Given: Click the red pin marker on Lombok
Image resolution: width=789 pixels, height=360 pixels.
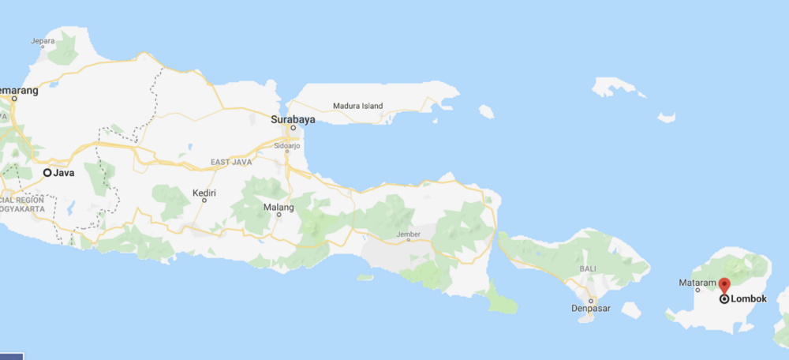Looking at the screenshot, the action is point(724,285).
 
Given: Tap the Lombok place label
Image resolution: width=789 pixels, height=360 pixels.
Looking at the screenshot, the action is point(749,299).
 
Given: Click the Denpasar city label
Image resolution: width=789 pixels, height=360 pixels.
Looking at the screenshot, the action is point(590,309).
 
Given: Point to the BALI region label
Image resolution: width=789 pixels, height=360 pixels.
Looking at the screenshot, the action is point(588,269).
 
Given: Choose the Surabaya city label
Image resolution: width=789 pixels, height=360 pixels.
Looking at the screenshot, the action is point(292,119).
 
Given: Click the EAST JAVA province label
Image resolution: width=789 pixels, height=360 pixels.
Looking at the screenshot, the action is point(230,163).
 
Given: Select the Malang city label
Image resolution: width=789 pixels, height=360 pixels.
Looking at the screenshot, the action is point(279,208).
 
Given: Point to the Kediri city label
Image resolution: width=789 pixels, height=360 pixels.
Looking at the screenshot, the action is point(204,192).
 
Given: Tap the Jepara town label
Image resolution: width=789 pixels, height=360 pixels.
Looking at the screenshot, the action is point(42,40).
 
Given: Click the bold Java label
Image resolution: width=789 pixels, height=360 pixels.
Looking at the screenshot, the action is point(64,173).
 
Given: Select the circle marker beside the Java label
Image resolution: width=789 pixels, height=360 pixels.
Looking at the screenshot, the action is point(47,173).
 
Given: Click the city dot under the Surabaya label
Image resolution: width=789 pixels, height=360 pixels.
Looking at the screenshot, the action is point(292,128).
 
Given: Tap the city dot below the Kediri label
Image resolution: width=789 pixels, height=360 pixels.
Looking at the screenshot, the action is point(204,201).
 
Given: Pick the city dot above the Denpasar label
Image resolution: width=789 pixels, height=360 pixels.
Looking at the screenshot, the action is point(590,301).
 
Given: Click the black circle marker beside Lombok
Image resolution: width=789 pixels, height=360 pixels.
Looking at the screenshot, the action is point(724,299).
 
